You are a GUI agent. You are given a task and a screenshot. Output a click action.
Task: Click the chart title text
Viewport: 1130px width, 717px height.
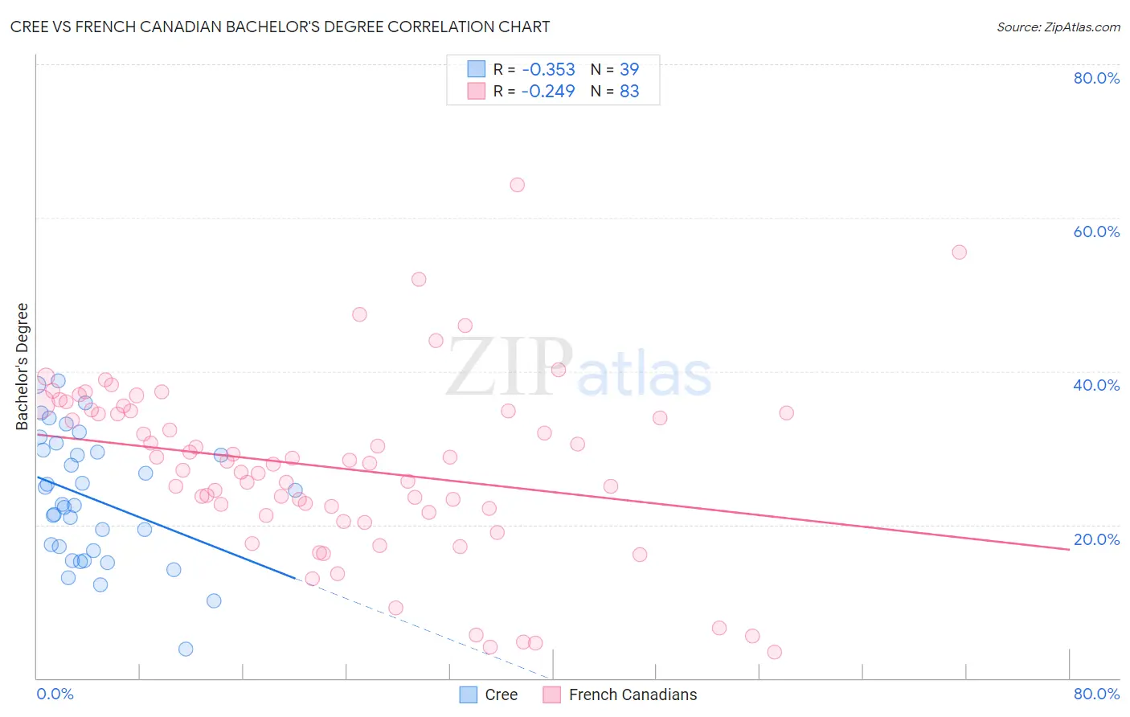tap(280, 27)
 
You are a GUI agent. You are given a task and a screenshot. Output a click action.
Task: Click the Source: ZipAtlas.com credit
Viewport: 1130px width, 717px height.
tap(1058, 27)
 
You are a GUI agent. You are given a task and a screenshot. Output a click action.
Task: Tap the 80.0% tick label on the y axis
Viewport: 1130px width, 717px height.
tap(1096, 78)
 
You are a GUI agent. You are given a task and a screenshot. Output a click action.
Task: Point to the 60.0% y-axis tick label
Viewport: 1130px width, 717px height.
tap(1096, 231)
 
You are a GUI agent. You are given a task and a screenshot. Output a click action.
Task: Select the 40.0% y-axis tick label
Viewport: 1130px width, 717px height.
tap(1096, 385)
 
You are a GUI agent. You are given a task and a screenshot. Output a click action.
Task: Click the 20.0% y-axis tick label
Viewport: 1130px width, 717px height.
tap(1096, 539)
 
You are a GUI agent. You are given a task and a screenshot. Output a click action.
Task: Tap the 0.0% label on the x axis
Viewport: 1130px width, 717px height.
tap(55, 694)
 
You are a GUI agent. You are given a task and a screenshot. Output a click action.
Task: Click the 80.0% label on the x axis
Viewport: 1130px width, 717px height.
tap(1096, 694)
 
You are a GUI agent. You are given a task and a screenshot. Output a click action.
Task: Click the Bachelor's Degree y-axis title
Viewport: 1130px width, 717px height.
tap(23, 367)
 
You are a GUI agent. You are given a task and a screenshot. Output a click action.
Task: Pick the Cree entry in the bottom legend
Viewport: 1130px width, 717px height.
tap(501, 694)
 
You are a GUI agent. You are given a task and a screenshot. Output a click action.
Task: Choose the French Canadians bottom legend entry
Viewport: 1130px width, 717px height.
tap(633, 694)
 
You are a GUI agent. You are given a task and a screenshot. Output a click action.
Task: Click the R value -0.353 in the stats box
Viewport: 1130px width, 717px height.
tap(548, 69)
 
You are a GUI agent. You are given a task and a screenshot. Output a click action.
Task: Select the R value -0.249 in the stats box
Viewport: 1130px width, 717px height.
tap(548, 91)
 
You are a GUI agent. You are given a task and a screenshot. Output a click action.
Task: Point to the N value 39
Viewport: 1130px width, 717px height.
tap(629, 69)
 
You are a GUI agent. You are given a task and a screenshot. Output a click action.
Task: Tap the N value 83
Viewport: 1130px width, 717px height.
tap(629, 91)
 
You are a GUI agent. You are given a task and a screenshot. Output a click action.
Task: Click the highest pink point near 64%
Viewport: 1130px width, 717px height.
tap(518, 185)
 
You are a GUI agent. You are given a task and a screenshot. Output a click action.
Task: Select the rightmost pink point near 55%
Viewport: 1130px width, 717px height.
tap(959, 252)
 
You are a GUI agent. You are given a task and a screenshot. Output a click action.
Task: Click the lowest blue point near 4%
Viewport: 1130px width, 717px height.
tap(186, 649)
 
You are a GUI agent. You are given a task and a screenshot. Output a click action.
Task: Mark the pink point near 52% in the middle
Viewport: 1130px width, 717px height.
tap(419, 280)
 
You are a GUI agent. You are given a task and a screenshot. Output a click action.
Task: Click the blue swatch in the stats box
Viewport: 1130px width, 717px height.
tap(477, 69)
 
